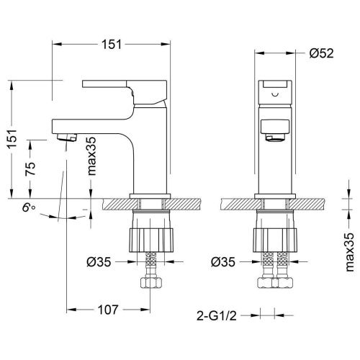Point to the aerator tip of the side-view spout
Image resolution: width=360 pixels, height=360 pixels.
tap(64, 137)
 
